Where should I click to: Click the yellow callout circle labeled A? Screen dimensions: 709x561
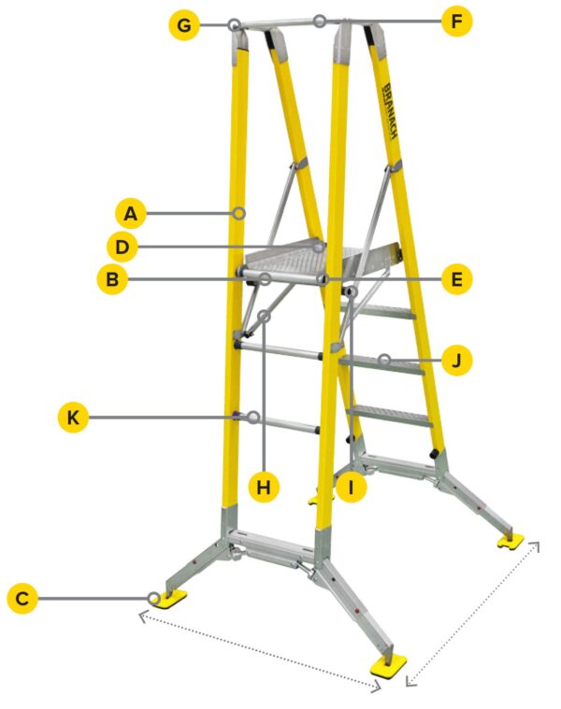pos(130,214)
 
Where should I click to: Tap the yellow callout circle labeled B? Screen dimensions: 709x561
pos(111,279)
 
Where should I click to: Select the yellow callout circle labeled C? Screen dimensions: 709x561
pos(22,598)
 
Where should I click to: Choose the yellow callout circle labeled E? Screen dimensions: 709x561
pos(456,278)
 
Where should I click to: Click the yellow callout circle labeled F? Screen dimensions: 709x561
pos(456,21)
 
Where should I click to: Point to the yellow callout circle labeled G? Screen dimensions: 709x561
pos(184,24)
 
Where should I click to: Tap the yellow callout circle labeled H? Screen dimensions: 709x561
pos(265,487)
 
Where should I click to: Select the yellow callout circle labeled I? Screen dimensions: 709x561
pos(350,487)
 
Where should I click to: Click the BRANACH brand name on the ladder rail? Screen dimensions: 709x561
pos(391,112)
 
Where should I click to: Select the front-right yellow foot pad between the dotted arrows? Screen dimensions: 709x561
pos(386,664)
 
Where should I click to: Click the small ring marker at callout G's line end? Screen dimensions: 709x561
pos(235,24)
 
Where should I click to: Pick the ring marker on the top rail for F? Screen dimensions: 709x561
pos(320,21)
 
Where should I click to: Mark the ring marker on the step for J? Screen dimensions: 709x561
pos(384,360)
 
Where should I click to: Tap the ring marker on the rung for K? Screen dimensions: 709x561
pos(253,418)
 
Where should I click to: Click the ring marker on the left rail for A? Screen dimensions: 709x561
pos(240,214)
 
